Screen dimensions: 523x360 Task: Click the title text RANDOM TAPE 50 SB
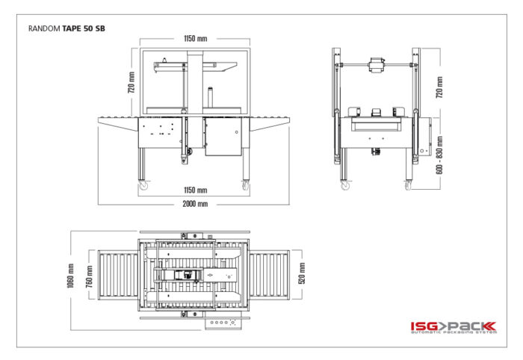[66, 28]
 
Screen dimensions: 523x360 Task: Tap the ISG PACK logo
[454, 327]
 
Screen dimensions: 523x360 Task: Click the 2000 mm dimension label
[195, 204]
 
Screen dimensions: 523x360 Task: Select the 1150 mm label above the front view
[196, 39]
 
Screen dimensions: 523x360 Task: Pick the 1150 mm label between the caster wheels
[196, 190]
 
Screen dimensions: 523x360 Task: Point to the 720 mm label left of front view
[131, 82]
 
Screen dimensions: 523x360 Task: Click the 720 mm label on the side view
[439, 87]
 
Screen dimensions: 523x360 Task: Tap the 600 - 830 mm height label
[439, 155]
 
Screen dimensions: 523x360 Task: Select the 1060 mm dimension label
[70, 276]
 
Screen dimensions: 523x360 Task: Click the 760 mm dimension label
[89, 276]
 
